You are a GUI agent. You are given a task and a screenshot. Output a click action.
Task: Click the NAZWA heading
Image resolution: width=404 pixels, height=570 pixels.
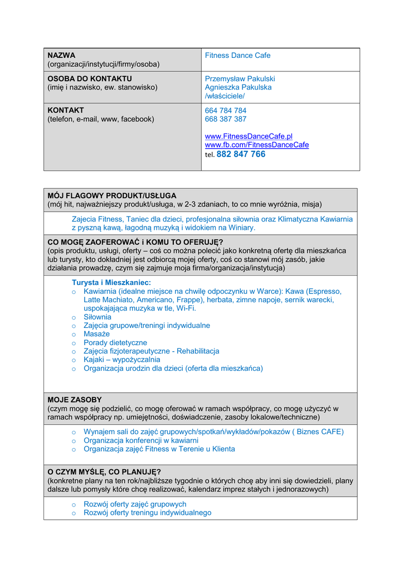click(61, 56)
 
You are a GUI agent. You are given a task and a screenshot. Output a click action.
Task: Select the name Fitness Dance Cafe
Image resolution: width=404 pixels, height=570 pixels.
click(237, 56)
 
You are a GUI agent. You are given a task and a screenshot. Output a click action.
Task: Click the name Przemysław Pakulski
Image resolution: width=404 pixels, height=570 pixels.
click(240, 79)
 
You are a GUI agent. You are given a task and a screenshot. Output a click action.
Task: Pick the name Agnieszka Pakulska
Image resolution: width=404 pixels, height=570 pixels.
click(238, 87)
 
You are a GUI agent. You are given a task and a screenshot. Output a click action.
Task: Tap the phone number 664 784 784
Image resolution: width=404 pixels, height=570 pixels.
click(226, 111)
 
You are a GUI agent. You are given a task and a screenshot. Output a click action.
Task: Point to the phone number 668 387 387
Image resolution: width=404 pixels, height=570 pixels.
click(226, 119)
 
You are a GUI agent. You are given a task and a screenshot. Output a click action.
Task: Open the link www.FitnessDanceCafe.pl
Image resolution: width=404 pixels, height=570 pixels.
click(249, 136)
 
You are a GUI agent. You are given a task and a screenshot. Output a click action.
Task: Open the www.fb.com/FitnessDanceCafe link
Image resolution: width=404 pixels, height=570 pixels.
click(256, 145)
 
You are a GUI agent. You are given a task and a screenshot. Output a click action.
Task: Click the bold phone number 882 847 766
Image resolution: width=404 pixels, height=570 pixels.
click(241, 154)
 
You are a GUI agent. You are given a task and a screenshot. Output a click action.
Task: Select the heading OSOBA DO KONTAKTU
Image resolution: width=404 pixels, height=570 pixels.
click(90, 79)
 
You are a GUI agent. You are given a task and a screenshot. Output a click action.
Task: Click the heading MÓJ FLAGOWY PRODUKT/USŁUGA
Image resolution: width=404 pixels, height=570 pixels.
click(111, 196)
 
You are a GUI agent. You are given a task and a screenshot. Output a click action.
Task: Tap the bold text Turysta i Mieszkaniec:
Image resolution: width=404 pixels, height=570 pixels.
click(111, 283)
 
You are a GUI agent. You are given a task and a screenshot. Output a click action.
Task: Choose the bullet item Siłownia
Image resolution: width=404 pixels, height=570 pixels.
click(98, 317)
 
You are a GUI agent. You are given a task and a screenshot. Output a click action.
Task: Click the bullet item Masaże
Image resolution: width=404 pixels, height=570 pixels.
click(96, 334)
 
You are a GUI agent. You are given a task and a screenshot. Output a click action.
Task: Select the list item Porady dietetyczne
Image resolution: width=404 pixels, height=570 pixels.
click(115, 343)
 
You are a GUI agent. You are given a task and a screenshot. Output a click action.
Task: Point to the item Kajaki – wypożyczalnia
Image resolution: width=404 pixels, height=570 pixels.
click(121, 360)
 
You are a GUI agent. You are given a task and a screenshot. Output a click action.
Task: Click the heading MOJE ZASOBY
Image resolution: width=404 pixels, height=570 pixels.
click(75, 400)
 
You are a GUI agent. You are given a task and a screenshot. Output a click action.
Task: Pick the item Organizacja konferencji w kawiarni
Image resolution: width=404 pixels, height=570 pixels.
click(141, 440)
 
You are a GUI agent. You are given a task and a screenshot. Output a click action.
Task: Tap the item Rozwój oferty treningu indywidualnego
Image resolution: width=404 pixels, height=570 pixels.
click(147, 513)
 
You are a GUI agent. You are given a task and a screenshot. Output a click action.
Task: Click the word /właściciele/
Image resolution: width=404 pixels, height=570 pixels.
click(225, 96)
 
